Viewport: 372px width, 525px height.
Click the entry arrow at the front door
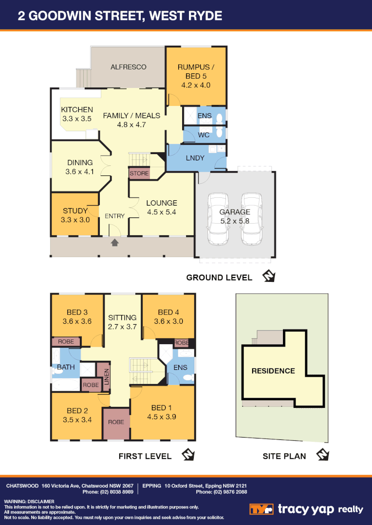[x=115, y=242]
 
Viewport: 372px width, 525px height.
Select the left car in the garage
[x=218, y=220]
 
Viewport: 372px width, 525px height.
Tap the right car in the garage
[x=251, y=220]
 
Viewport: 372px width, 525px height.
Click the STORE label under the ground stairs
[x=139, y=173]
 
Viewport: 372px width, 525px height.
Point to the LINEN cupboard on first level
[x=106, y=376]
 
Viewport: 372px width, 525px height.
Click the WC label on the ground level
[x=204, y=135]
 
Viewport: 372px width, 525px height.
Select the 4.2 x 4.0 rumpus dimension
[x=195, y=85]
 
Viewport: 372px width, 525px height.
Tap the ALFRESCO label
[x=128, y=67]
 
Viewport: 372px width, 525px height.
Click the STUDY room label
[x=75, y=210]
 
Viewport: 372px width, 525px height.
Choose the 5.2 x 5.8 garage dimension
[x=235, y=221]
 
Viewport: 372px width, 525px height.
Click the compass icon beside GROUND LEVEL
[x=269, y=277]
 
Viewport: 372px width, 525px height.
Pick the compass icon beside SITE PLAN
[x=322, y=455]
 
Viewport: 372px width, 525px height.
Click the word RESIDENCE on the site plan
[x=273, y=371]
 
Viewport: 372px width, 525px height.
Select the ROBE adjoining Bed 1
[x=116, y=422]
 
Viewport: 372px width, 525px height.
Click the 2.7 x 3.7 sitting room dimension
[x=122, y=327]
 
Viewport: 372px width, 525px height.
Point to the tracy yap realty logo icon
[x=261, y=509]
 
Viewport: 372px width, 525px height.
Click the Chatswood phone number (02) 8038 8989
[x=111, y=492]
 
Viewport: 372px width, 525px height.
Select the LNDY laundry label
[x=195, y=158]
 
